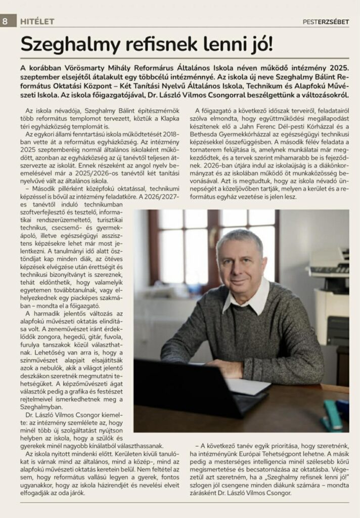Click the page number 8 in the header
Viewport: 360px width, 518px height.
5,21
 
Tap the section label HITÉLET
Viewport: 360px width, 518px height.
37,21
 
